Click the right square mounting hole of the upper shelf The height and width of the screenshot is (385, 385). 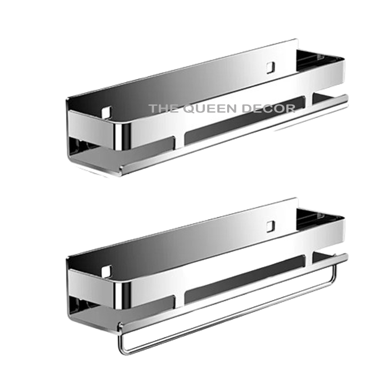[x=270, y=65]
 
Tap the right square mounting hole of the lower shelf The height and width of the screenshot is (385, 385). [x=270, y=225]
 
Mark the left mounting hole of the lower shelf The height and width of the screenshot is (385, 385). [x=106, y=271]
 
